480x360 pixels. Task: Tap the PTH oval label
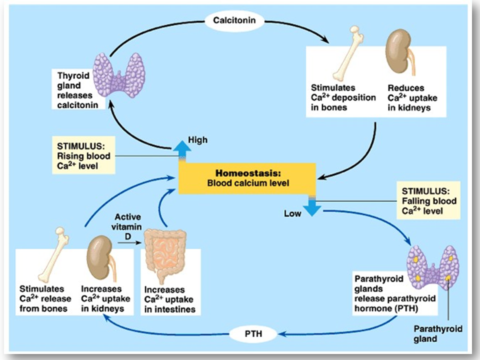pyautogui.click(x=253, y=332)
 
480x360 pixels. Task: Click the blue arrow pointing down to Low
pyautogui.click(x=312, y=205)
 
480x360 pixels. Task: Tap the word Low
pyautogui.click(x=292, y=214)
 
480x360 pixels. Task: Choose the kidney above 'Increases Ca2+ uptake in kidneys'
pyautogui.click(x=98, y=256)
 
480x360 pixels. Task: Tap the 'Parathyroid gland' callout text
pyautogui.click(x=437, y=333)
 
